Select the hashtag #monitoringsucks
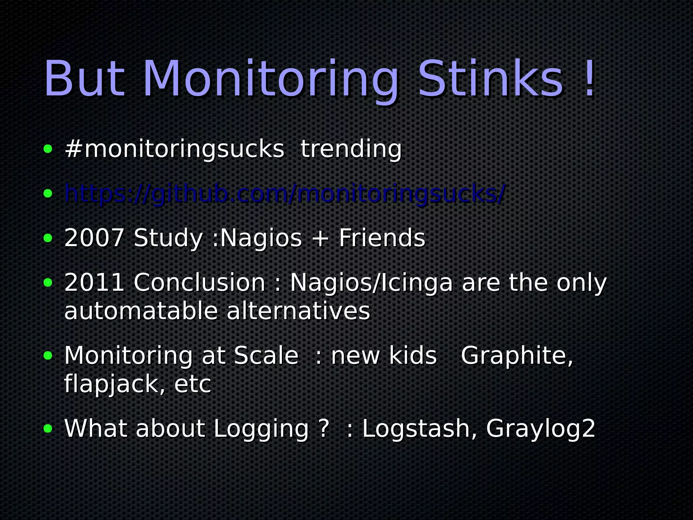coord(174,149)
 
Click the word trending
coord(351,149)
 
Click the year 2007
coord(94,238)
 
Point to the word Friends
coord(382,238)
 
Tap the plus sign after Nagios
coord(320,238)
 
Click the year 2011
coord(94,282)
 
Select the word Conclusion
coord(200,282)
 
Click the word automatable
coord(141,311)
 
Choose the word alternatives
coord(298,311)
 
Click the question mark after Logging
coord(324,429)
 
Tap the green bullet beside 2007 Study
coord(48,238)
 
